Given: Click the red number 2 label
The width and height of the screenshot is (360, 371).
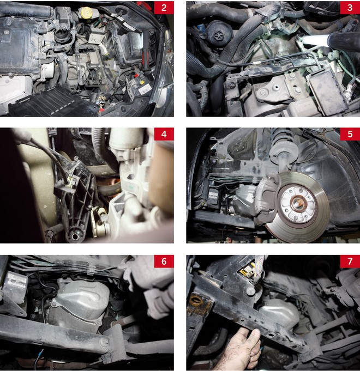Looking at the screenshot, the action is (x=164, y=8).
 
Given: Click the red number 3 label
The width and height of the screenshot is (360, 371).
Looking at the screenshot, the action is (x=350, y=8).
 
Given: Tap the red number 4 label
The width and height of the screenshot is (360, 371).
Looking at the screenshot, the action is (x=164, y=134).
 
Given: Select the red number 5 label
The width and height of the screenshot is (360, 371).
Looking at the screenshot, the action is (x=350, y=134).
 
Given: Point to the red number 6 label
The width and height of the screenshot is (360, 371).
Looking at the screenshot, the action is (x=164, y=261).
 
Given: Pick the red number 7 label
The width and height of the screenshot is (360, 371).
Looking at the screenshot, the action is (x=350, y=261).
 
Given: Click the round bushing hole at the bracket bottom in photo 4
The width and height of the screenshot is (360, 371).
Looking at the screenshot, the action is (x=75, y=236).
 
